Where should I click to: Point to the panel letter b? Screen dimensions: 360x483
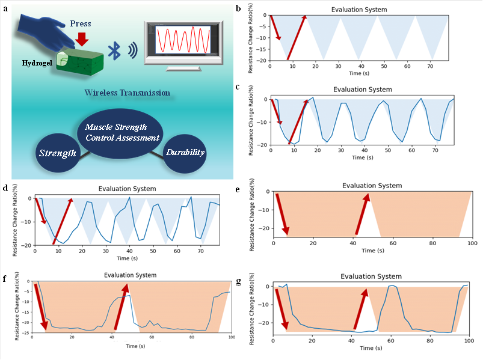pyautogui.click(x=239, y=7)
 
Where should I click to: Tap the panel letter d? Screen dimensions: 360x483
pyautogui.click(x=5, y=188)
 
